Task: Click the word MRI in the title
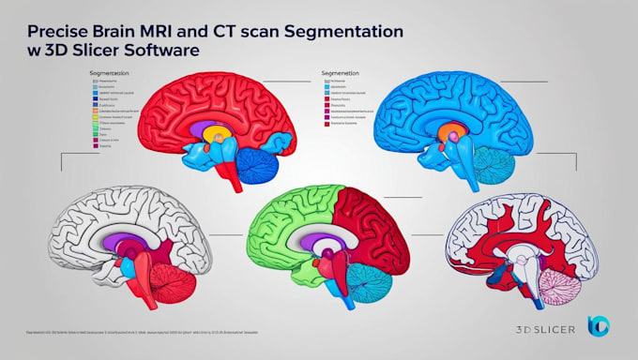[138, 30]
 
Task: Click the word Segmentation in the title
[350, 30]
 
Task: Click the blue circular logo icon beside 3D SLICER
[598, 325]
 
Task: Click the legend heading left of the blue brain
[340, 71]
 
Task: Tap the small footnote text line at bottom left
[131, 333]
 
